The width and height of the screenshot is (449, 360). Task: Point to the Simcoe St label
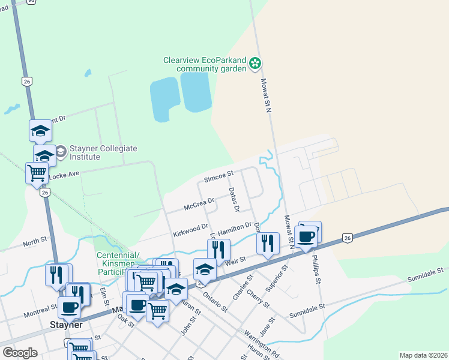(x=218, y=178)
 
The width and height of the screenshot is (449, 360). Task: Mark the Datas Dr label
(x=234, y=200)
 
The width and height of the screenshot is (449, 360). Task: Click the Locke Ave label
(x=64, y=173)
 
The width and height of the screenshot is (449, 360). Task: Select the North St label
(x=35, y=242)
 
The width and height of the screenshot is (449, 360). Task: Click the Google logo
(x=20, y=353)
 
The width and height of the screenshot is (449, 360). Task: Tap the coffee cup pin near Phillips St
(x=306, y=236)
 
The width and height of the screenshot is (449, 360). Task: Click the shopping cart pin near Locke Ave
(x=37, y=173)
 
